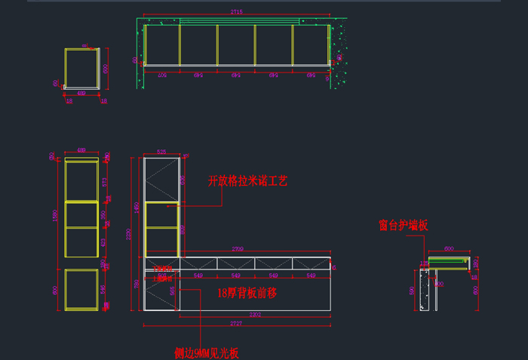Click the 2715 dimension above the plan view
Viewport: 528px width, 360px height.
pos(236,13)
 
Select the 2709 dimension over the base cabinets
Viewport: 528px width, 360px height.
pos(237,248)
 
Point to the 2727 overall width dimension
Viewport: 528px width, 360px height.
pos(236,324)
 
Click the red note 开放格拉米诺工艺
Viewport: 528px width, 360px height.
pos(247,181)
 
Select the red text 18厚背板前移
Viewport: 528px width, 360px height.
pos(247,292)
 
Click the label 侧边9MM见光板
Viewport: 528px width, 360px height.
pos(206,352)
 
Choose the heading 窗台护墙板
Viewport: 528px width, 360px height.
pos(404,225)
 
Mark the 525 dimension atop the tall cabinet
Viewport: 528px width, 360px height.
pos(160,152)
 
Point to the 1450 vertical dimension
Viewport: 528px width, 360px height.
pos(137,205)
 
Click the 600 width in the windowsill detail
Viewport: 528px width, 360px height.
pos(449,248)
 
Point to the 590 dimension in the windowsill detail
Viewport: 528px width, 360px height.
pos(412,290)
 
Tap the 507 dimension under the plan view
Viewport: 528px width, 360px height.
pos(161,75)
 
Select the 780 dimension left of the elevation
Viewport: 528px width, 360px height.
pos(137,284)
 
